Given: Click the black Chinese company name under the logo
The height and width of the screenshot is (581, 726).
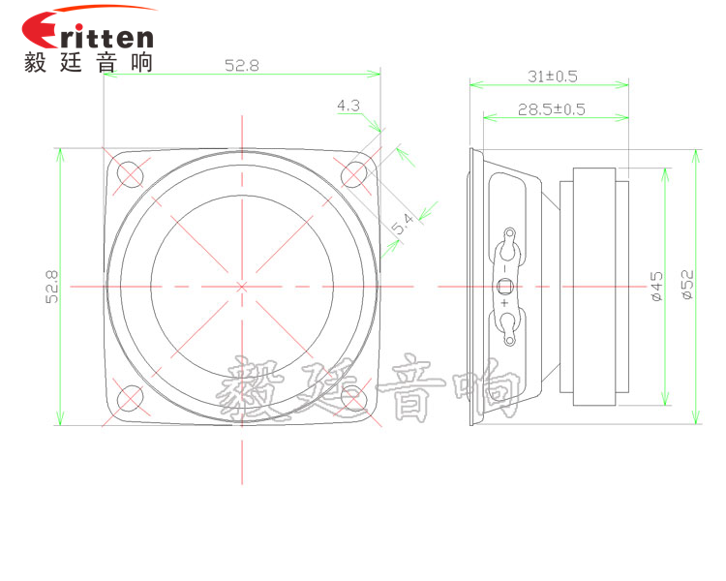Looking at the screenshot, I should click(87, 62).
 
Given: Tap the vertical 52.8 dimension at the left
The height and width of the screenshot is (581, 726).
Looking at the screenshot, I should click(51, 287).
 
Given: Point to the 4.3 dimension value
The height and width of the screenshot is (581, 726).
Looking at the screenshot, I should click(348, 105).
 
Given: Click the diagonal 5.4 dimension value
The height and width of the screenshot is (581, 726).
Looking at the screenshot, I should click(403, 226).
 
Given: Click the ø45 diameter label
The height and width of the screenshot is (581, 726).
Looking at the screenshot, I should click(657, 287).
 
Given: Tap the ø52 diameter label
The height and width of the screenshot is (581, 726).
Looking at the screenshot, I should click(686, 287).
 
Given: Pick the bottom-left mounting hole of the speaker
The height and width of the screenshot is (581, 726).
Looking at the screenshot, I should click(129, 398).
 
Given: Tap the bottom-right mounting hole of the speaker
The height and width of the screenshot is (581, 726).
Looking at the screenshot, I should click(355, 398).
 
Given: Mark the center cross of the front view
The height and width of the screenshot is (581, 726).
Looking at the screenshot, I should click(242, 286).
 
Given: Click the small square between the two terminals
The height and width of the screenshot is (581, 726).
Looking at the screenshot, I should click(504, 286).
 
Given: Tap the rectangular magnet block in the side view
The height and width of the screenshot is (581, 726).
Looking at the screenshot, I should click(593, 287).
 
